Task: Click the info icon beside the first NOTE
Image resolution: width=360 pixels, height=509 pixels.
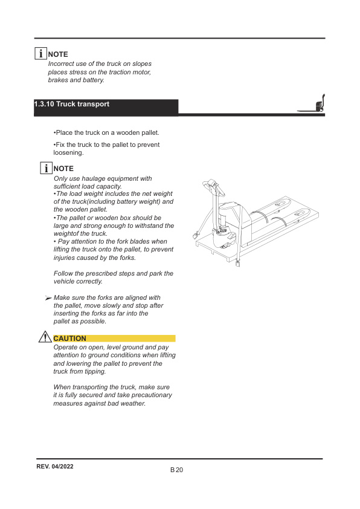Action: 40,54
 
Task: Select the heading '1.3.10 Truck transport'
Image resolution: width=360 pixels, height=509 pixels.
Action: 72,105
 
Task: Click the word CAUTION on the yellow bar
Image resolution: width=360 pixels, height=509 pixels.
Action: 70,339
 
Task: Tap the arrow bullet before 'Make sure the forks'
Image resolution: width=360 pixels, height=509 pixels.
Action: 48,298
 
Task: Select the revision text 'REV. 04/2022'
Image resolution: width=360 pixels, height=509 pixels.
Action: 55,467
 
